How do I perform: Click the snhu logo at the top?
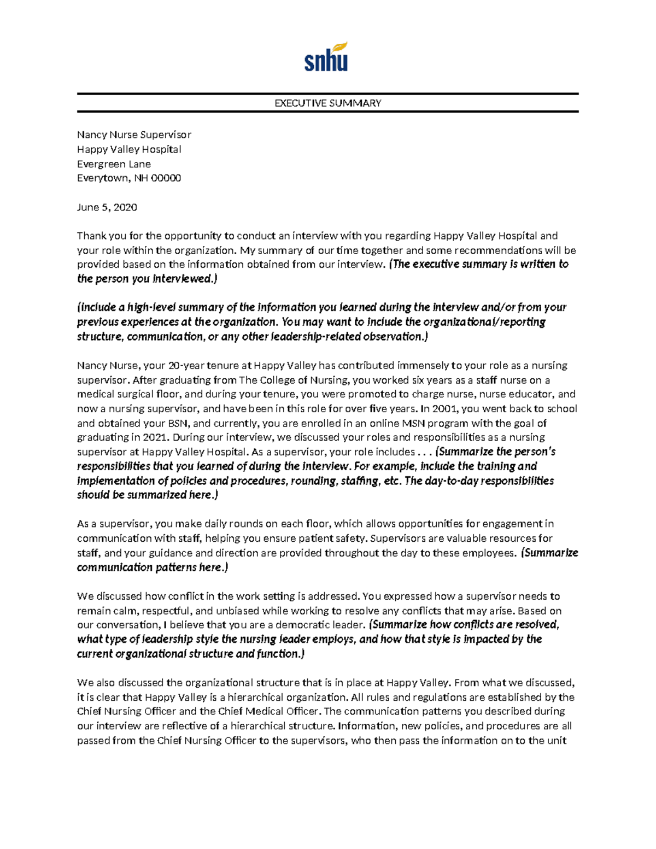click(x=326, y=57)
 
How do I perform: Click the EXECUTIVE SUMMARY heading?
click(x=327, y=103)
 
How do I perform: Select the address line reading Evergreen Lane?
click(x=114, y=163)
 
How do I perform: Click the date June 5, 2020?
click(x=107, y=207)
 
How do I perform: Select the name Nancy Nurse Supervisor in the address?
click(x=134, y=134)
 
